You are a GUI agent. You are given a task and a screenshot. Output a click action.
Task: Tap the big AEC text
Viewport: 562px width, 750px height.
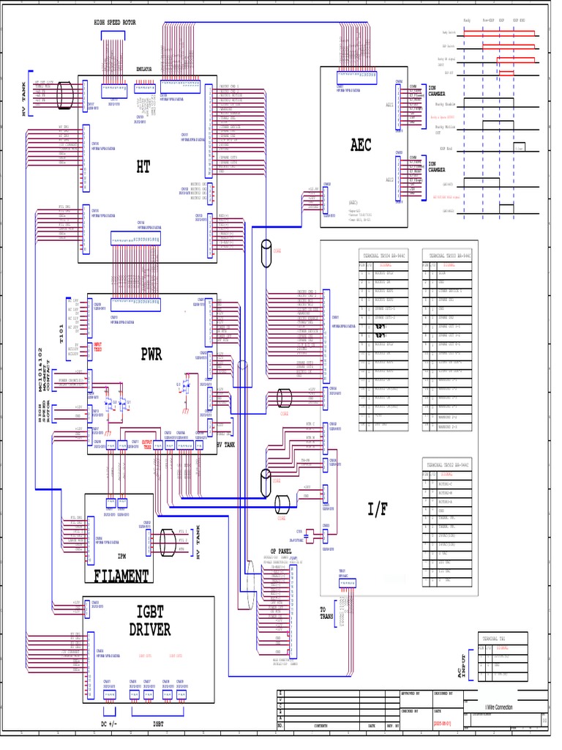360,145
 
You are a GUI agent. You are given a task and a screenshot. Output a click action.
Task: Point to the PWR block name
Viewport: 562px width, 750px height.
151,354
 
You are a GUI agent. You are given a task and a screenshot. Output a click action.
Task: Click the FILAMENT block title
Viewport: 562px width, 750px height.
121,576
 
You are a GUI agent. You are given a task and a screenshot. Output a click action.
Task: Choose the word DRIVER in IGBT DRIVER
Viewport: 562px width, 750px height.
150,629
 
